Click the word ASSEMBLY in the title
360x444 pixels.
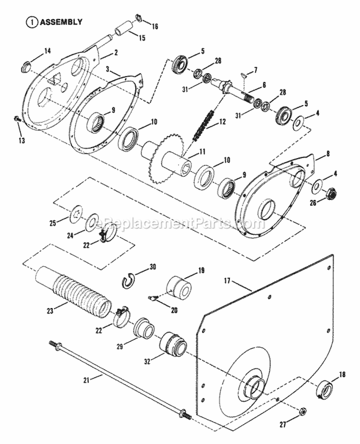click(x=61, y=22)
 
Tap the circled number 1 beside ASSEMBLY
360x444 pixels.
click(x=32, y=22)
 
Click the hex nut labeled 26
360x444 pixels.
click(x=331, y=195)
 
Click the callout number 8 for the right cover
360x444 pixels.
click(x=328, y=154)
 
